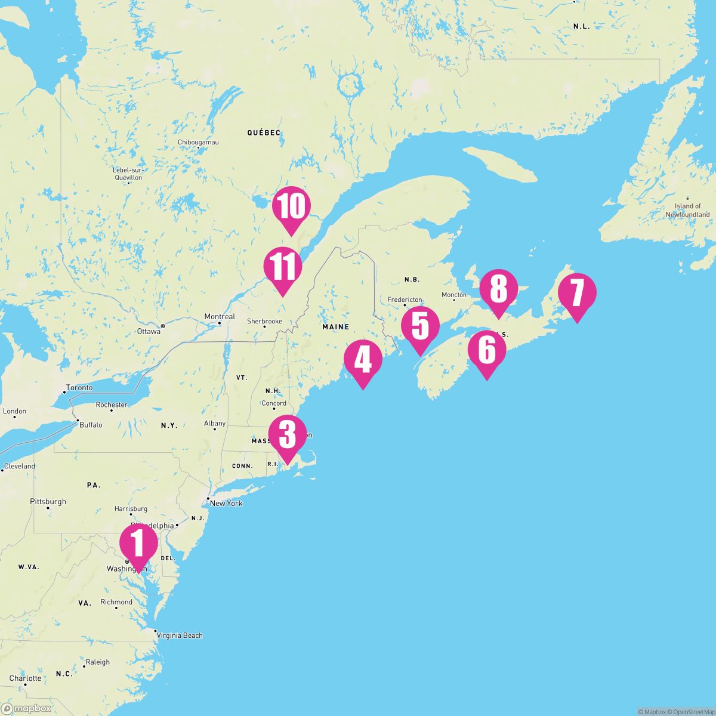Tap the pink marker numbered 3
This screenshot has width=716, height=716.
[288, 436]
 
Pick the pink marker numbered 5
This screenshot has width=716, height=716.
[420, 326]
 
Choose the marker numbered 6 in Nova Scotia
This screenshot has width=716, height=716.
[487, 350]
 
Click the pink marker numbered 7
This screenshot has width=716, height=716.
[577, 294]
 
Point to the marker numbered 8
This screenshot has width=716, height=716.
[498, 289]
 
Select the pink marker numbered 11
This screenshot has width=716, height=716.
[283, 267]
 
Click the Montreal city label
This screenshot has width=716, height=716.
[220, 316]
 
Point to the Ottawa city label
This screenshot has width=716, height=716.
[149, 331]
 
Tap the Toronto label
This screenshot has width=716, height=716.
[79, 387]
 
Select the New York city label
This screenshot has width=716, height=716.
[226, 503]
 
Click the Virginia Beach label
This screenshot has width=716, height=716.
[180, 635]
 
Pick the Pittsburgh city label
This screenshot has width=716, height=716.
[48, 502]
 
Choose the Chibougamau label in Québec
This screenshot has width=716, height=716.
[199, 142]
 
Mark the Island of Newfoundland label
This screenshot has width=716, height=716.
[688, 210]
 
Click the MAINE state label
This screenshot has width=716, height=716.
[335, 327]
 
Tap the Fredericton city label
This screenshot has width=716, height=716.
[405, 300]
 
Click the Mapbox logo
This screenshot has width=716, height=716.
[26, 708]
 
